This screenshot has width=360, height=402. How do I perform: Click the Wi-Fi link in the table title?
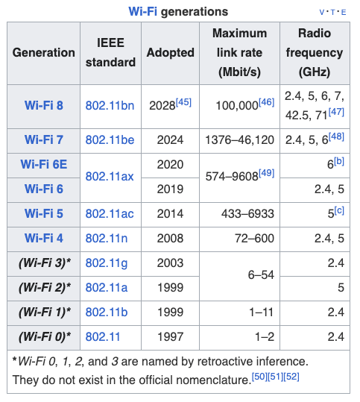pos(142,11)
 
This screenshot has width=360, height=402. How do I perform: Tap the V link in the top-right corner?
pos(321,12)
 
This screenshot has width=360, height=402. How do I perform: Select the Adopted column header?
pos(171,52)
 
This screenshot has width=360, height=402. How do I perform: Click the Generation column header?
pos(44,52)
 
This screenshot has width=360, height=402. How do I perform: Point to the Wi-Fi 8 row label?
pos(44,105)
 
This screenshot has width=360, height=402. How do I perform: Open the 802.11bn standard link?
pos(110,105)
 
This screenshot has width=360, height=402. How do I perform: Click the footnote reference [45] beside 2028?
pos(183,102)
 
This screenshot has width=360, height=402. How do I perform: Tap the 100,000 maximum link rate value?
pos(237,106)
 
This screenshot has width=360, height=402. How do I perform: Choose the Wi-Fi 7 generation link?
pos(44,139)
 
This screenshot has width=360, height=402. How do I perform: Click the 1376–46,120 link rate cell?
pos(239,140)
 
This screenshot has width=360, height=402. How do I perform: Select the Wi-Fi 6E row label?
pos(44,164)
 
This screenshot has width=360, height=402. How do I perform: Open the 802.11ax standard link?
pos(110,176)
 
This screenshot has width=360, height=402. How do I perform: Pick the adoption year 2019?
pos(171,189)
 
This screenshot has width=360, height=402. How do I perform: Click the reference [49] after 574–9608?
pos(267,173)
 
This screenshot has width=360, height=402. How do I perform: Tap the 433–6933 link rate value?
pos(247,213)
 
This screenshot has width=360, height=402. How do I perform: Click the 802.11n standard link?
pos(107,238)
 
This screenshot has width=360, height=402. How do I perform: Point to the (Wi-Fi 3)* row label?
pos(45,263)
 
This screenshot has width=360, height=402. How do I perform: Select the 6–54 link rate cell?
pos(261,274)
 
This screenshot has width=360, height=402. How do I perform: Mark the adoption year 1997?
pos(171,336)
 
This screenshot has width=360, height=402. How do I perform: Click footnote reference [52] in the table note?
pos(291,377)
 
